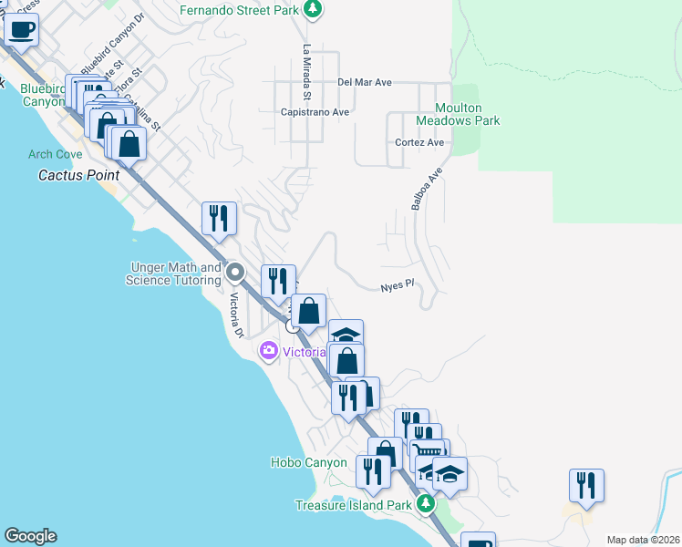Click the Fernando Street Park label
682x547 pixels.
(x=239, y=10)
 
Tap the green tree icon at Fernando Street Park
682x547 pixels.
(x=313, y=10)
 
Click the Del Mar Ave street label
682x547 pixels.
(x=364, y=82)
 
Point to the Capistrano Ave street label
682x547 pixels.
(x=315, y=112)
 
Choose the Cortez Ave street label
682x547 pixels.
(x=419, y=143)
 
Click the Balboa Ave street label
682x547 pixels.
(x=426, y=189)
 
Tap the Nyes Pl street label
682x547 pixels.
(x=398, y=285)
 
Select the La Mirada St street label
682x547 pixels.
(x=308, y=72)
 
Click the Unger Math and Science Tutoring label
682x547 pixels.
(x=173, y=273)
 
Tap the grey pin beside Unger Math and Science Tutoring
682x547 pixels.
(x=236, y=272)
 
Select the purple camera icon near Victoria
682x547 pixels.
(x=269, y=350)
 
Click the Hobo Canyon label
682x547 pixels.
(x=309, y=462)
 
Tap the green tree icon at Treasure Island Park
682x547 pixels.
(x=424, y=503)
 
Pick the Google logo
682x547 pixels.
(x=30, y=536)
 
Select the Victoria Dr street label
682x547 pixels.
(x=235, y=315)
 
